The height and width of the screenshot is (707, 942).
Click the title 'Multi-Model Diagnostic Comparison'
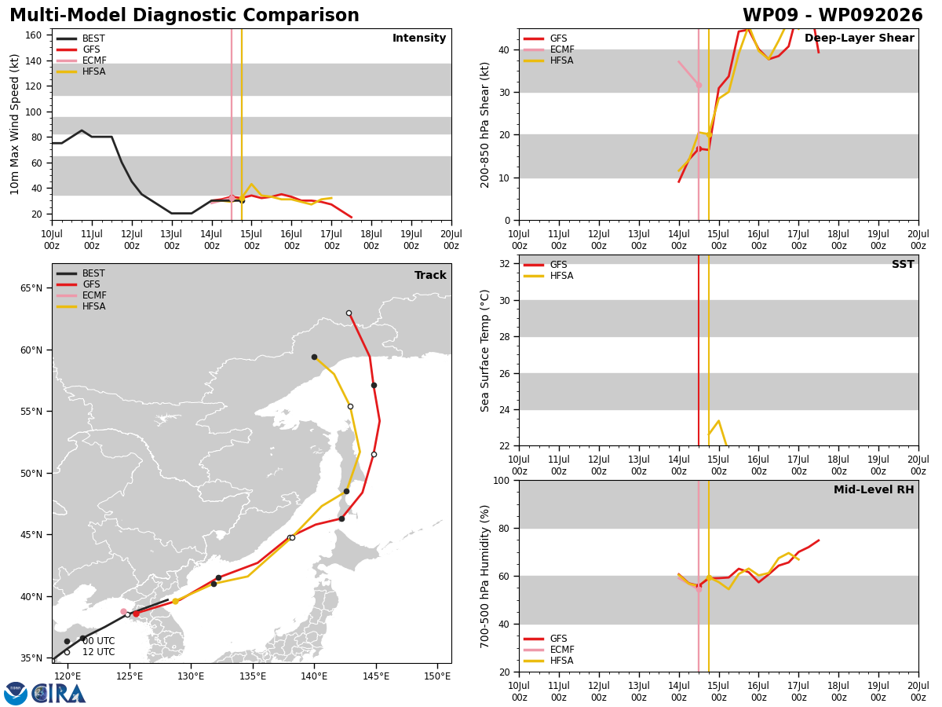click(x=184, y=16)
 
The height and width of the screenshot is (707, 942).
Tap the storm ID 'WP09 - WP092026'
click(x=833, y=16)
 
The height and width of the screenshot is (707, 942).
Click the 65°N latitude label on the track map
click(x=31, y=288)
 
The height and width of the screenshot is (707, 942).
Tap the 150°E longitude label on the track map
click(x=437, y=676)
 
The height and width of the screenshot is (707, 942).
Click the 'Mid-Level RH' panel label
click(x=874, y=489)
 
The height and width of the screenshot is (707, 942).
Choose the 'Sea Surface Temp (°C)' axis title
click(x=484, y=351)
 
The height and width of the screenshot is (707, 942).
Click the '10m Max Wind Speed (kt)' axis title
click(x=14, y=124)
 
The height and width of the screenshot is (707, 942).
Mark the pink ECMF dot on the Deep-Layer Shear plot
click(x=699, y=86)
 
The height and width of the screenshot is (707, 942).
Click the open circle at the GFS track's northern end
click(x=349, y=313)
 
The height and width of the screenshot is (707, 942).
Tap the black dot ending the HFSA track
click(x=314, y=357)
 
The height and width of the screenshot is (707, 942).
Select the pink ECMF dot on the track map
click(x=123, y=612)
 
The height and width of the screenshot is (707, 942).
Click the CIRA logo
click(x=58, y=694)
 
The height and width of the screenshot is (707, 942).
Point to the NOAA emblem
click(x=16, y=694)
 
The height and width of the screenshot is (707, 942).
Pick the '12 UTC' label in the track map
click(x=99, y=652)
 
